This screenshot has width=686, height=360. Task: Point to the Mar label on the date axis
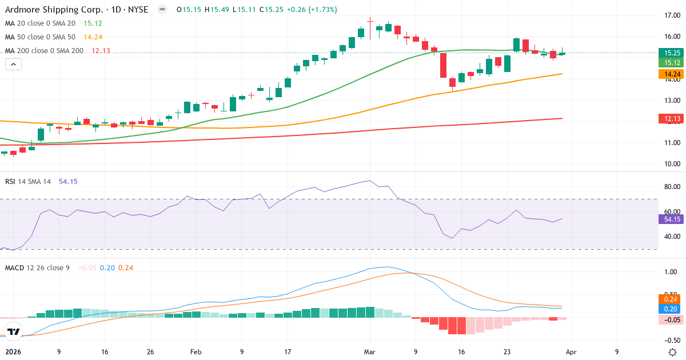coord(370,353)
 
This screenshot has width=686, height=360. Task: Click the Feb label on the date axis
coord(196,353)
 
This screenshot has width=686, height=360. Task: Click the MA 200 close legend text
coord(44,51)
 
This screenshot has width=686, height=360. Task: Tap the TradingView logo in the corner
coord(14,331)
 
